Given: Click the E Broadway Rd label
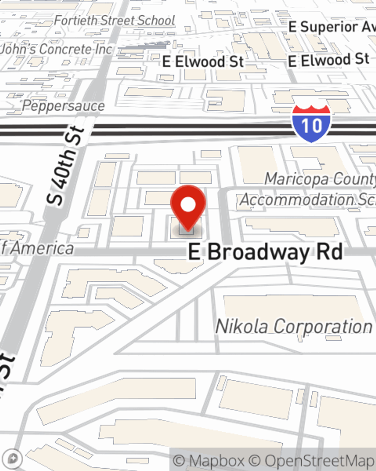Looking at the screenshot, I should click(265, 252).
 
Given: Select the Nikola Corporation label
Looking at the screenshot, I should click(294, 326).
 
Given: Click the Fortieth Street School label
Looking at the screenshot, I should click(114, 20).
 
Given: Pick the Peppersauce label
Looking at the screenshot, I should click(63, 106).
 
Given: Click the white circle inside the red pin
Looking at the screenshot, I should click(188, 205).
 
